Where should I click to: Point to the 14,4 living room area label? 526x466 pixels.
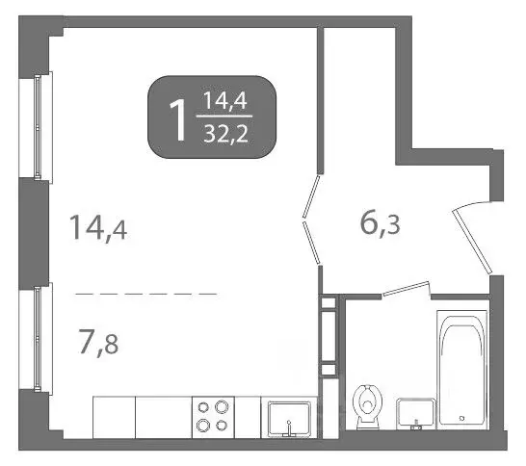(97, 229)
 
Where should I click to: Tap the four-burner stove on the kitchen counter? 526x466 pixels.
(212, 416)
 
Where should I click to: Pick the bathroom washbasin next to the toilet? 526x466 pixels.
(415, 412)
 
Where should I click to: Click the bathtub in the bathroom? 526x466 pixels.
(464, 366)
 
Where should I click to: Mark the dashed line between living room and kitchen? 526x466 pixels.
(145, 292)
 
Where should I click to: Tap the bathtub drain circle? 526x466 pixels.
(464, 418)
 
